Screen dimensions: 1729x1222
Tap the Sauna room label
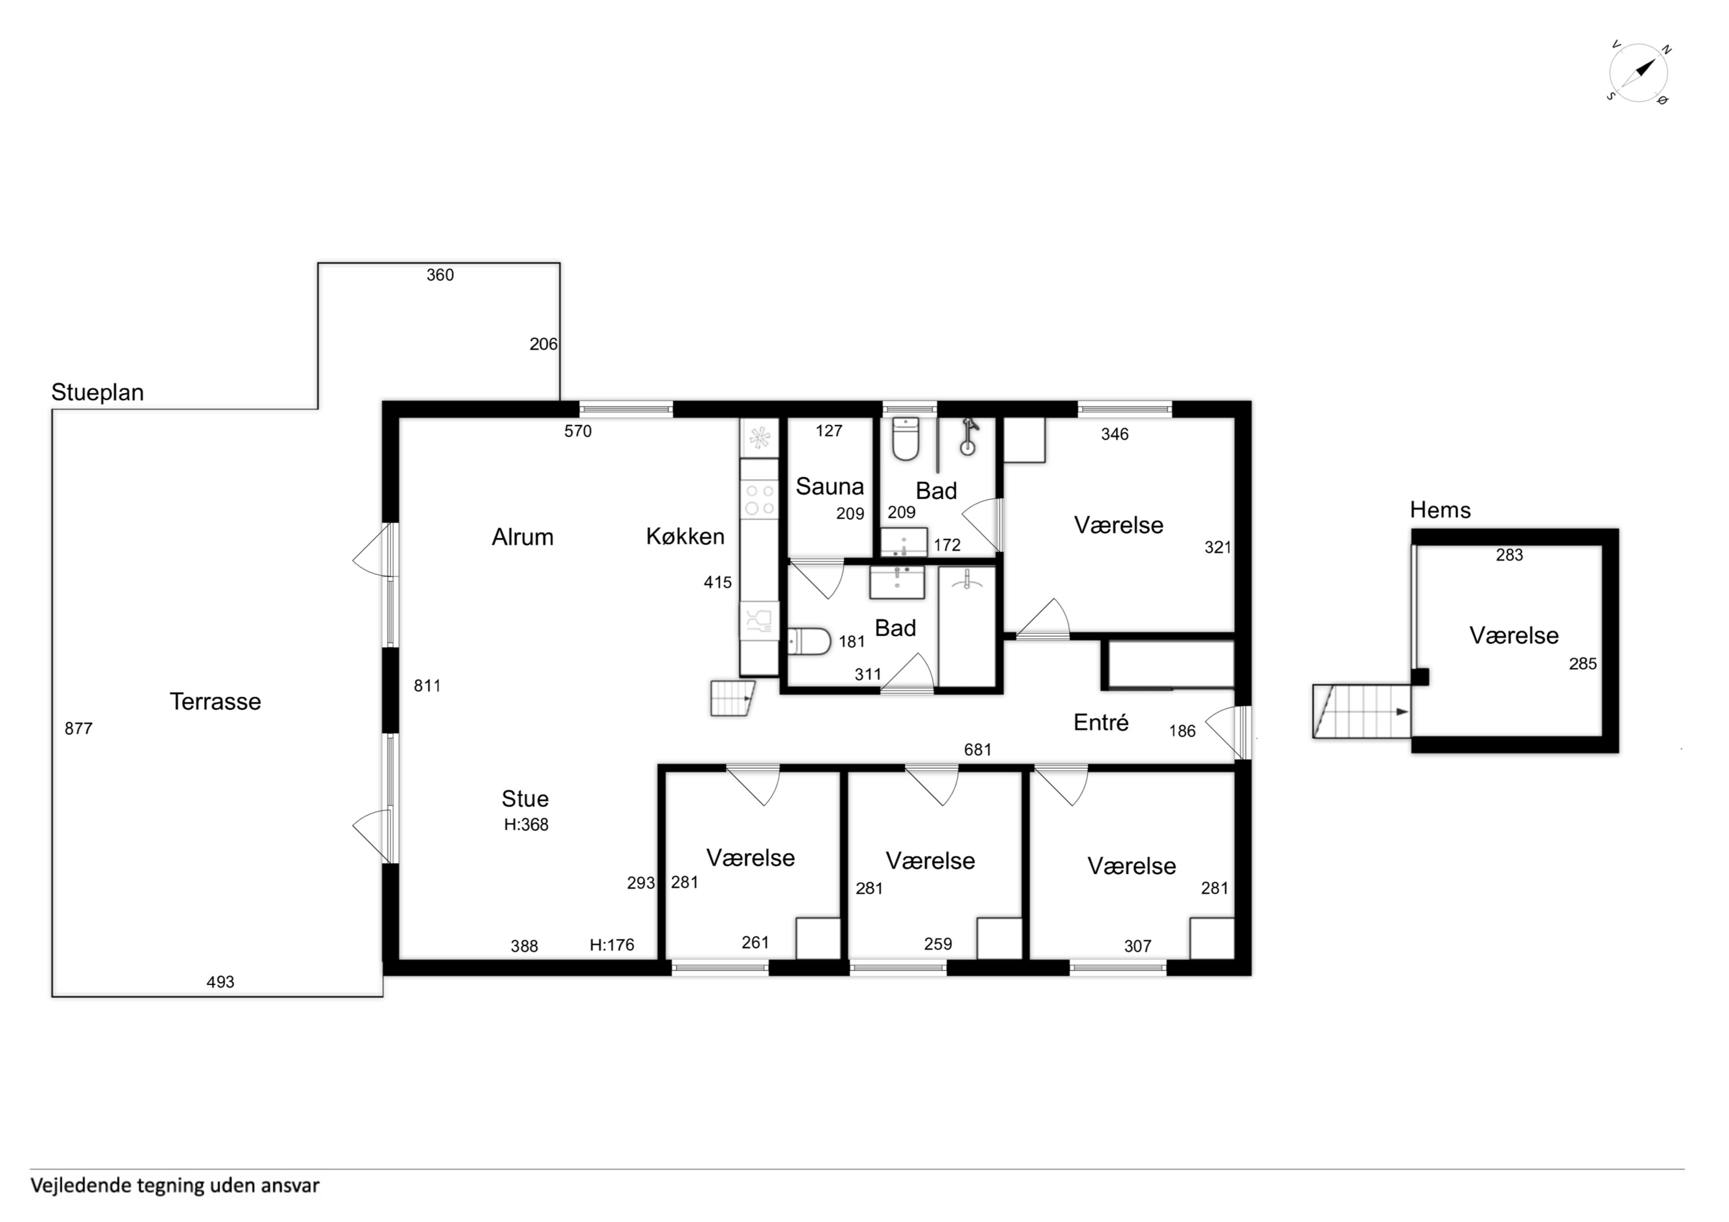coord(829,487)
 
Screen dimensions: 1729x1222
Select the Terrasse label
coord(216,701)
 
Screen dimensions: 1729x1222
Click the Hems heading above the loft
coord(1440,510)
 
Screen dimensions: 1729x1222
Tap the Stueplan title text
coord(97,392)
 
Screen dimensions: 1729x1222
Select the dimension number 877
coord(78,728)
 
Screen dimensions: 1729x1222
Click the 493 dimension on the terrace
coord(220,982)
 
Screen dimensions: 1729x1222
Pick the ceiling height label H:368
coord(526,824)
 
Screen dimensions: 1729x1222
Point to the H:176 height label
coord(611,945)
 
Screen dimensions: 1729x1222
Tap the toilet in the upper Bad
coord(905,438)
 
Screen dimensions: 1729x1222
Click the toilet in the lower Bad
coord(809,642)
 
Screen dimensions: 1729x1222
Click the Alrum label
coord(522,537)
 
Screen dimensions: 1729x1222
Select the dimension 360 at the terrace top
coord(440,275)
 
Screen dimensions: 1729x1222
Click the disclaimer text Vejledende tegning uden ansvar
coord(175,1185)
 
